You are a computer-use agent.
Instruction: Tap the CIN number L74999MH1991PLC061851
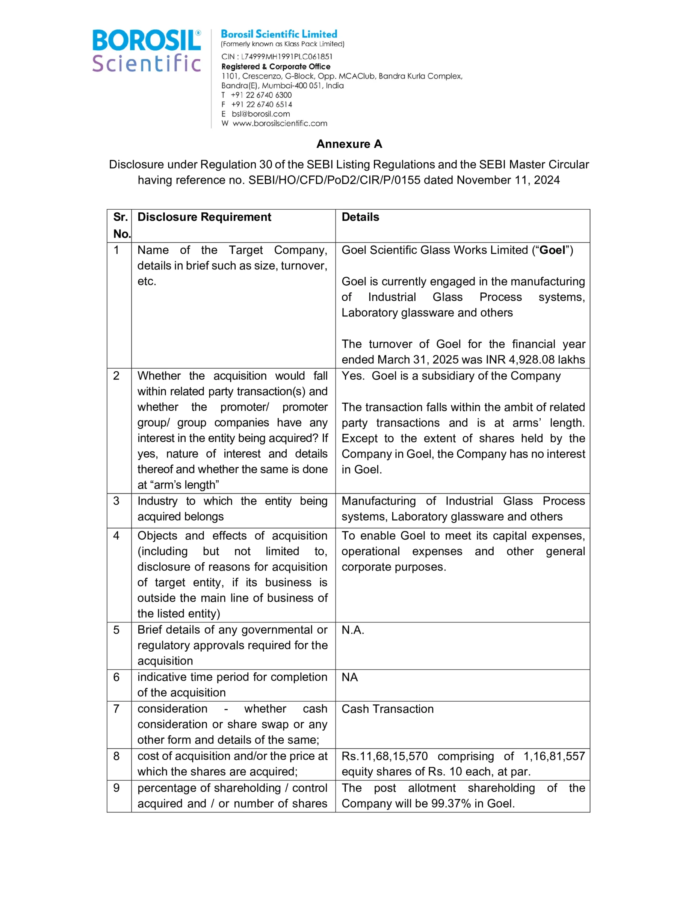pyautogui.click(x=287, y=57)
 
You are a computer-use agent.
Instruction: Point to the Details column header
pyautogui.click(x=360, y=217)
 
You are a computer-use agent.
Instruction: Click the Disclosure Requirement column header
pyautogui.click(x=204, y=217)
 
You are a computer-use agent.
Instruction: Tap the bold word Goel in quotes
pyautogui.click(x=552, y=250)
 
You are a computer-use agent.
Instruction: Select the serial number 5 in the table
pyautogui.click(x=116, y=630)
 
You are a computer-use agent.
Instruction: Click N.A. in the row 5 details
pyautogui.click(x=352, y=630)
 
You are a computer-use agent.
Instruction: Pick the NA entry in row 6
pyautogui.click(x=349, y=677)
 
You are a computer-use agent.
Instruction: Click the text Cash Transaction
pyautogui.click(x=387, y=709)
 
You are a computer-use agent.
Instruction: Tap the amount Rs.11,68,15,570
pyautogui.click(x=384, y=756)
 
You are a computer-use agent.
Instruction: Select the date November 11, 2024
pyautogui.click(x=508, y=180)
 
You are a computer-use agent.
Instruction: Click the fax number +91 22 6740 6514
pyautogui.click(x=262, y=104)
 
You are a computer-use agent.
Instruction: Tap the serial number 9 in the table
pyautogui.click(x=116, y=788)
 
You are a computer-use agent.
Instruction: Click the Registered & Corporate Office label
pyautogui.click(x=275, y=67)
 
